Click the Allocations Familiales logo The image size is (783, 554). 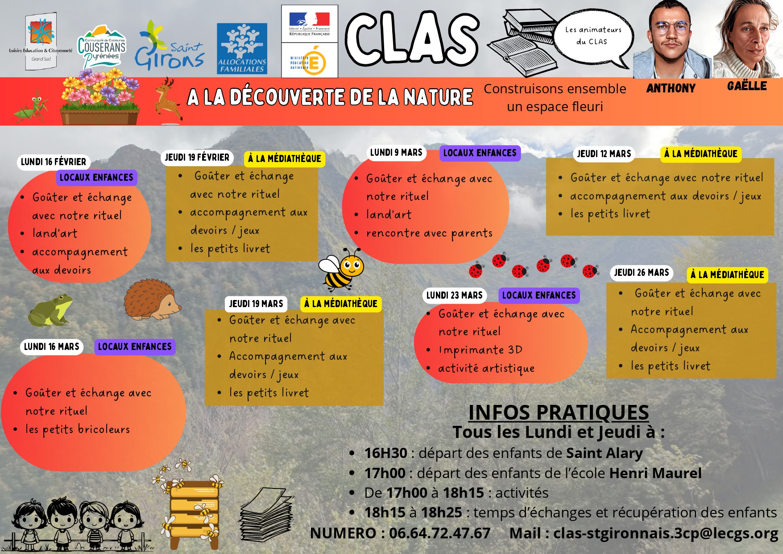[242, 48]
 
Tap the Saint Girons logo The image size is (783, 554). [170, 46]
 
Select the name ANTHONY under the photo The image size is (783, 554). [671, 88]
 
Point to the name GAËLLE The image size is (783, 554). [747, 86]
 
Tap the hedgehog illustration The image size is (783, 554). [151, 300]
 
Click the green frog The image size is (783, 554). [50, 310]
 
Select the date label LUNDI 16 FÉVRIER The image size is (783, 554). [54, 162]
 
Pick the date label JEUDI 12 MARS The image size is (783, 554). [604, 154]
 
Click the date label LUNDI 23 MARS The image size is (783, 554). [454, 296]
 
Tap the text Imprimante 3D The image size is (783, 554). [481, 350]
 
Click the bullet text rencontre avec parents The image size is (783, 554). [429, 233]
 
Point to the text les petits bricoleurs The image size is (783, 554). [78, 429]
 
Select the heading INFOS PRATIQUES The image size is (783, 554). [558, 412]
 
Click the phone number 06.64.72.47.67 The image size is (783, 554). [439, 533]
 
